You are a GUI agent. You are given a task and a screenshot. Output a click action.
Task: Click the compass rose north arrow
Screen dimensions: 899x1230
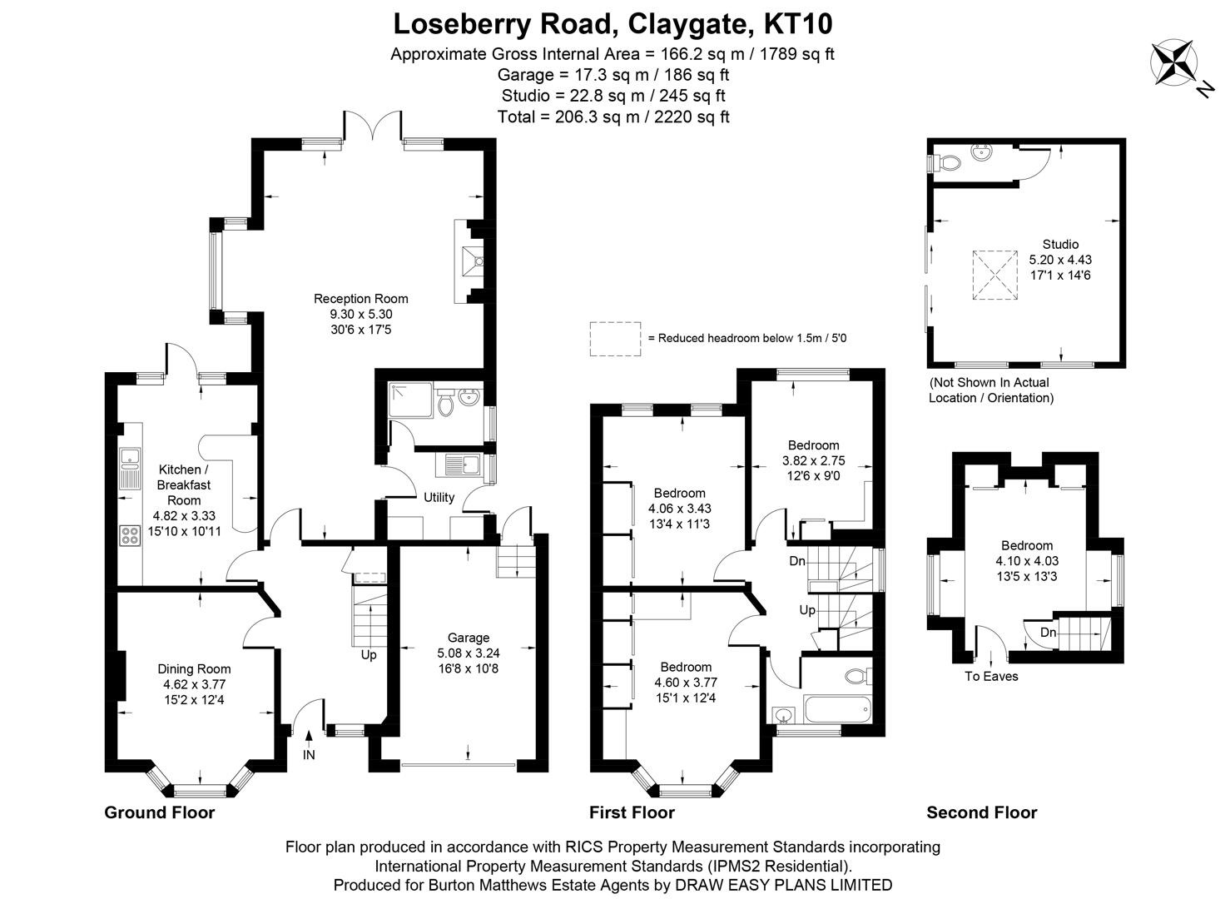(1174, 63)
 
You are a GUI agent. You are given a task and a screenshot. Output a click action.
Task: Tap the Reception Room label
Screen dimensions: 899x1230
(360, 299)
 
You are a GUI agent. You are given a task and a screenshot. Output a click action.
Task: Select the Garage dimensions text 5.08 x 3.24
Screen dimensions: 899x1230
(469, 653)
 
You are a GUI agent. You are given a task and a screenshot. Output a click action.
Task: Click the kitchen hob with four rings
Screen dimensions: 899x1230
(131, 535)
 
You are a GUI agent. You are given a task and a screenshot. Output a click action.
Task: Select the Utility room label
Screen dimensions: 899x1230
(439, 498)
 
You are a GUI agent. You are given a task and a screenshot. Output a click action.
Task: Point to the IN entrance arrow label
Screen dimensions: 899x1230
(309, 755)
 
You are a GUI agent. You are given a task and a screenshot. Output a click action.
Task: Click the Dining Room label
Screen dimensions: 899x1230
(194, 668)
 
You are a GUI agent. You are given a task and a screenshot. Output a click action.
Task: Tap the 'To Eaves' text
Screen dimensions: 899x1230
(991, 676)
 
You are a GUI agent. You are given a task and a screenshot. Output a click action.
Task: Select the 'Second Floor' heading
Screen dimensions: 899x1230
(982, 812)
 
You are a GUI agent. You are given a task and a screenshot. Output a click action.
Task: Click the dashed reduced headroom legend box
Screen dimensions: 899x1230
(615, 339)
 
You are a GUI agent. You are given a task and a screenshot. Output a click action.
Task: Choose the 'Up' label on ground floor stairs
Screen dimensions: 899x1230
(369, 654)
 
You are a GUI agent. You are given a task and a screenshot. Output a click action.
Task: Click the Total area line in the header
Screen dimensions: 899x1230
(613, 117)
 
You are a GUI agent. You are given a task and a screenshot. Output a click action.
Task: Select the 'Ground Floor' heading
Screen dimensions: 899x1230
(159, 812)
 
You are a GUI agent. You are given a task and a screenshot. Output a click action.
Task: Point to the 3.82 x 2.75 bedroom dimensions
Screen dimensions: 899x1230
(813, 460)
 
